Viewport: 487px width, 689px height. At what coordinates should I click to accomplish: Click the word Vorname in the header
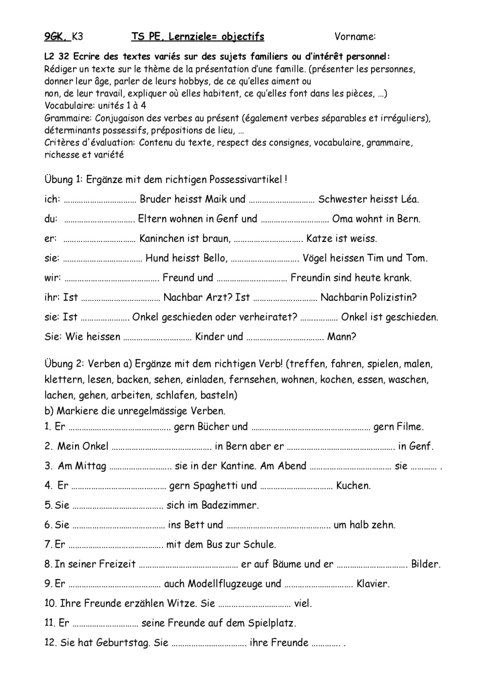click(355, 37)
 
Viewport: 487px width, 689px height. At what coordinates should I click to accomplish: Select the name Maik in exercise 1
click(216, 199)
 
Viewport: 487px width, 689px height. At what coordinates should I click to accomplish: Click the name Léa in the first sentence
click(408, 199)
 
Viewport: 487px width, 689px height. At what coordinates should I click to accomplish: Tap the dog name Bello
click(213, 258)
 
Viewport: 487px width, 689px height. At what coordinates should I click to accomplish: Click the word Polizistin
click(393, 298)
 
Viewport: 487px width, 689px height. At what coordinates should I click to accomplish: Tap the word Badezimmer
click(230, 505)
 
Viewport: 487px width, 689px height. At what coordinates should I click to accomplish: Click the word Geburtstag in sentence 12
click(125, 643)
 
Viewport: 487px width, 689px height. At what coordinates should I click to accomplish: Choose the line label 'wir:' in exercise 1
click(53, 278)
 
